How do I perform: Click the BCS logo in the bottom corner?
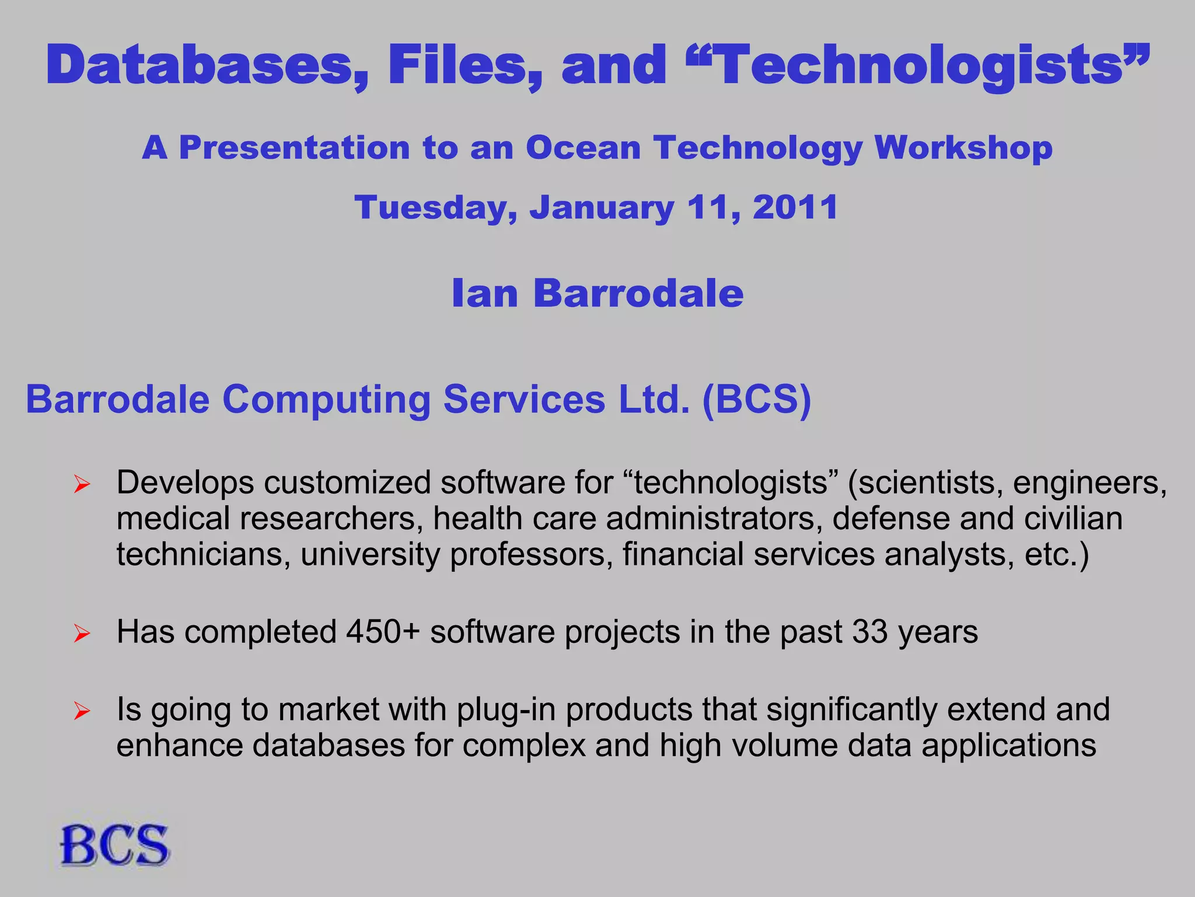point(114,845)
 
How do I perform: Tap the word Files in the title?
point(464,65)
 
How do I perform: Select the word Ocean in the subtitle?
point(583,147)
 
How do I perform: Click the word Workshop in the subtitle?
point(963,148)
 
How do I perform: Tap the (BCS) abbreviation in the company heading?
point(757,399)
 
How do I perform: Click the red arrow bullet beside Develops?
point(82,485)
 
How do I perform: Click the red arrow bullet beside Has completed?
point(82,634)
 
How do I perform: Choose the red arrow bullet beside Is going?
point(82,711)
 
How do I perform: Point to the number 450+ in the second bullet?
point(383,632)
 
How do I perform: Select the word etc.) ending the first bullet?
point(1057,554)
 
